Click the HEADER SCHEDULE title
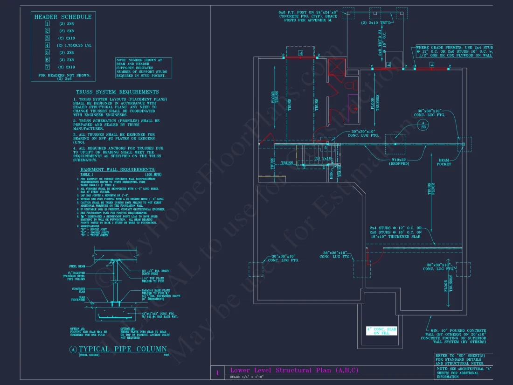coord(63,17)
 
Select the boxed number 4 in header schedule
coord(47,45)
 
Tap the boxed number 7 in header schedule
coord(47,67)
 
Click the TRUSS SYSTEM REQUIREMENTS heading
coord(117,92)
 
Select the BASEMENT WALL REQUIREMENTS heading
coord(118,169)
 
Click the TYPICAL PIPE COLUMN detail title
coord(122,349)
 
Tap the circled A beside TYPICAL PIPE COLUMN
coord(73,350)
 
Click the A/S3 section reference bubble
coord(423,124)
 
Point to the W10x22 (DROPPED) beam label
coord(399,161)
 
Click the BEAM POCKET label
coord(444,161)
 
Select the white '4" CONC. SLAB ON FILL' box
coord(381,331)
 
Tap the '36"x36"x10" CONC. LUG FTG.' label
coord(335,255)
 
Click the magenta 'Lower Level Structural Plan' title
coord(294,370)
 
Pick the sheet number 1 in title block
coord(217,373)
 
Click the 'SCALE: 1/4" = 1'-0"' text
coord(248,377)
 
